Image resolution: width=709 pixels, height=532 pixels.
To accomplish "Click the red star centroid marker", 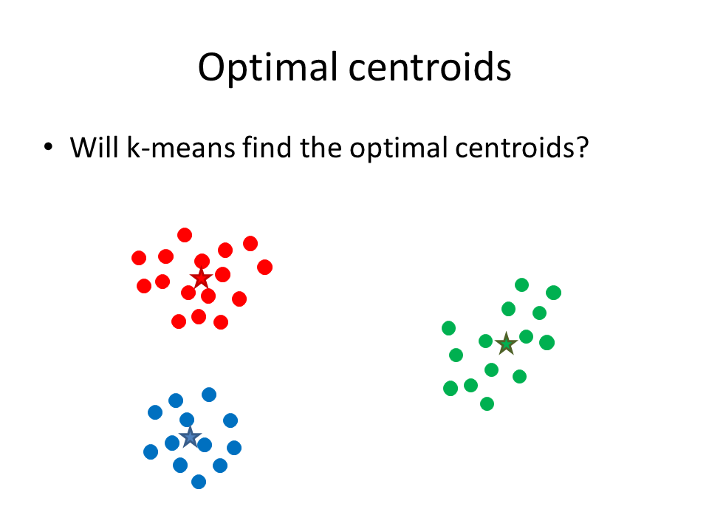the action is click(x=201, y=279).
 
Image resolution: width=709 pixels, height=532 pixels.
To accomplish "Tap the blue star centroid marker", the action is click(x=191, y=437).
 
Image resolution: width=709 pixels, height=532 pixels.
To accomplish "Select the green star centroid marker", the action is click(x=507, y=344).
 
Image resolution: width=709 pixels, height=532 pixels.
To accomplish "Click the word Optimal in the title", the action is click(x=269, y=68).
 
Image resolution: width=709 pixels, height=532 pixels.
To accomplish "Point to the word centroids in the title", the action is click(x=430, y=68).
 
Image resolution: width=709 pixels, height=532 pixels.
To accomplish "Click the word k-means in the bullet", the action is click(x=182, y=148).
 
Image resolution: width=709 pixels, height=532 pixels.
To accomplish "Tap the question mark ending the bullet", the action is click(x=583, y=147).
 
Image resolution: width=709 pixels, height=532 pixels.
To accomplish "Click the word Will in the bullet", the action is click(x=96, y=147).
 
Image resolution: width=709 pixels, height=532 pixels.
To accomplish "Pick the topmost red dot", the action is click(x=185, y=235).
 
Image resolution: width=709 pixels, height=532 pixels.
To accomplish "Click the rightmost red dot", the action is click(x=265, y=267).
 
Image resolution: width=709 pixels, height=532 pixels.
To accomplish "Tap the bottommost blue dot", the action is click(x=199, y=482).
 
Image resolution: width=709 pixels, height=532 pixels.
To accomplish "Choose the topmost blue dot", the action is click(x=209, y=395).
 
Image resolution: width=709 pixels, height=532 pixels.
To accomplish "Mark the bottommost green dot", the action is click(x=487, y=403).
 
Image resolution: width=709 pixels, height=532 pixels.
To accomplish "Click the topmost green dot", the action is click(x=522, y=285).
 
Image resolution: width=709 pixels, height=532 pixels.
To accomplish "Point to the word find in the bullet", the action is click(x=267, y=147).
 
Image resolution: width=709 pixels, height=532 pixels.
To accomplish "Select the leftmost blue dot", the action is click(x=151, y=451).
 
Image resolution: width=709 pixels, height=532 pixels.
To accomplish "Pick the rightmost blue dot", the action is click(x=234, y=448).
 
